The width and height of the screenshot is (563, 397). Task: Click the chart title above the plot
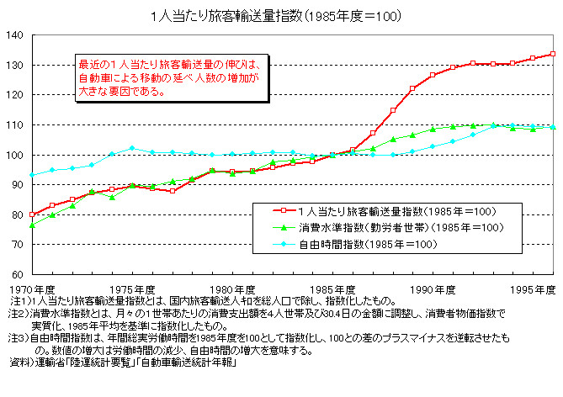[x=281, y=16]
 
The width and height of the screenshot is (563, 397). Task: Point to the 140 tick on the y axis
[x=14, y=35]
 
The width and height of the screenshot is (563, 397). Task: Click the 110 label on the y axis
[x=14, y=124]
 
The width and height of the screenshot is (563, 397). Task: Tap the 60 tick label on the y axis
[x=17, y=274]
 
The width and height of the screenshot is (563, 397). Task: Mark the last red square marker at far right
[x=553, y=54]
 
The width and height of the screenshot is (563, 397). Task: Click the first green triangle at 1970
[x=32, y=225]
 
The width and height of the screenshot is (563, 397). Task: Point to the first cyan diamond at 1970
[x=32, y=175]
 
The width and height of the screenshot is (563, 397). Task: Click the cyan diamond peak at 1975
[x=132, y=148]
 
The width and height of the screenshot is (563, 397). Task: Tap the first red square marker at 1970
[x=32, y=214]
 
